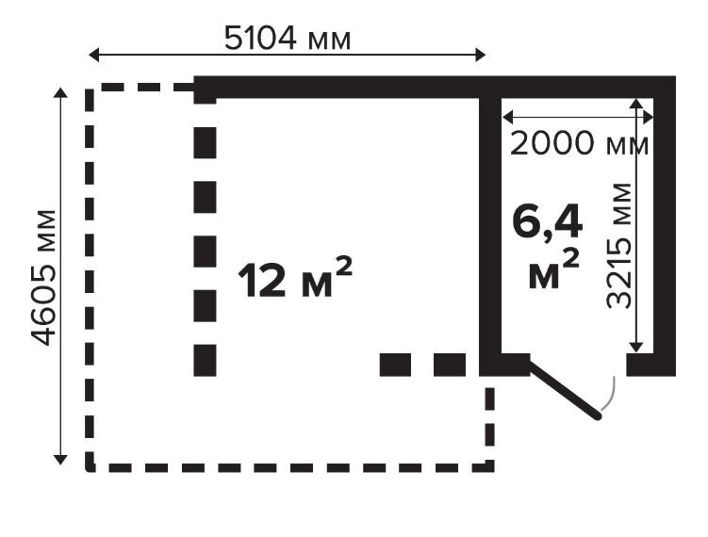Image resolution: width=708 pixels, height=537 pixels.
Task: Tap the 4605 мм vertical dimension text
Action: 43,278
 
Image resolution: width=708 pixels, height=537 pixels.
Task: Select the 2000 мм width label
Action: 579,143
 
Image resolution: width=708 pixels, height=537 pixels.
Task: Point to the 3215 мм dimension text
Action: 618,246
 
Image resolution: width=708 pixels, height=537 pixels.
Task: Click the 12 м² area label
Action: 294,278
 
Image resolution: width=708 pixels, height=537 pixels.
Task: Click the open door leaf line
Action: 566,390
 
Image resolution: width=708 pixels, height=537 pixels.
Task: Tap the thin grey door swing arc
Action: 610,394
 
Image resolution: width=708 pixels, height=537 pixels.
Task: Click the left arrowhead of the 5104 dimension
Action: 93,55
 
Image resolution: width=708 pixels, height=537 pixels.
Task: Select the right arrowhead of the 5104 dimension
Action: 481,55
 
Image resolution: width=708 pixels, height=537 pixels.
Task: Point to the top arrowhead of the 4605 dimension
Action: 60,92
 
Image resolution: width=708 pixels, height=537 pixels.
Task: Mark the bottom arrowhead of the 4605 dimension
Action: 60,460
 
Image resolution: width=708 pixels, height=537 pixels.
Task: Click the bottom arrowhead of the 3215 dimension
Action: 636,347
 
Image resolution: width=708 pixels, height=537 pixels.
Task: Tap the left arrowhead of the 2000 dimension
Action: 507,118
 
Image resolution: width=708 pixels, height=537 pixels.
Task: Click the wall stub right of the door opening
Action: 650,366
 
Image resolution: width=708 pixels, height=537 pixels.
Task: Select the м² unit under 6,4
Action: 553,270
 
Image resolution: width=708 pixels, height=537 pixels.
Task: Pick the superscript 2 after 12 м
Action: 343,267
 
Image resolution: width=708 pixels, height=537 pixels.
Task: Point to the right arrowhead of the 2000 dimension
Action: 648,118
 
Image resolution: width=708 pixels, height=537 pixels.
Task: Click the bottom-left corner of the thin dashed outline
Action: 90,467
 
